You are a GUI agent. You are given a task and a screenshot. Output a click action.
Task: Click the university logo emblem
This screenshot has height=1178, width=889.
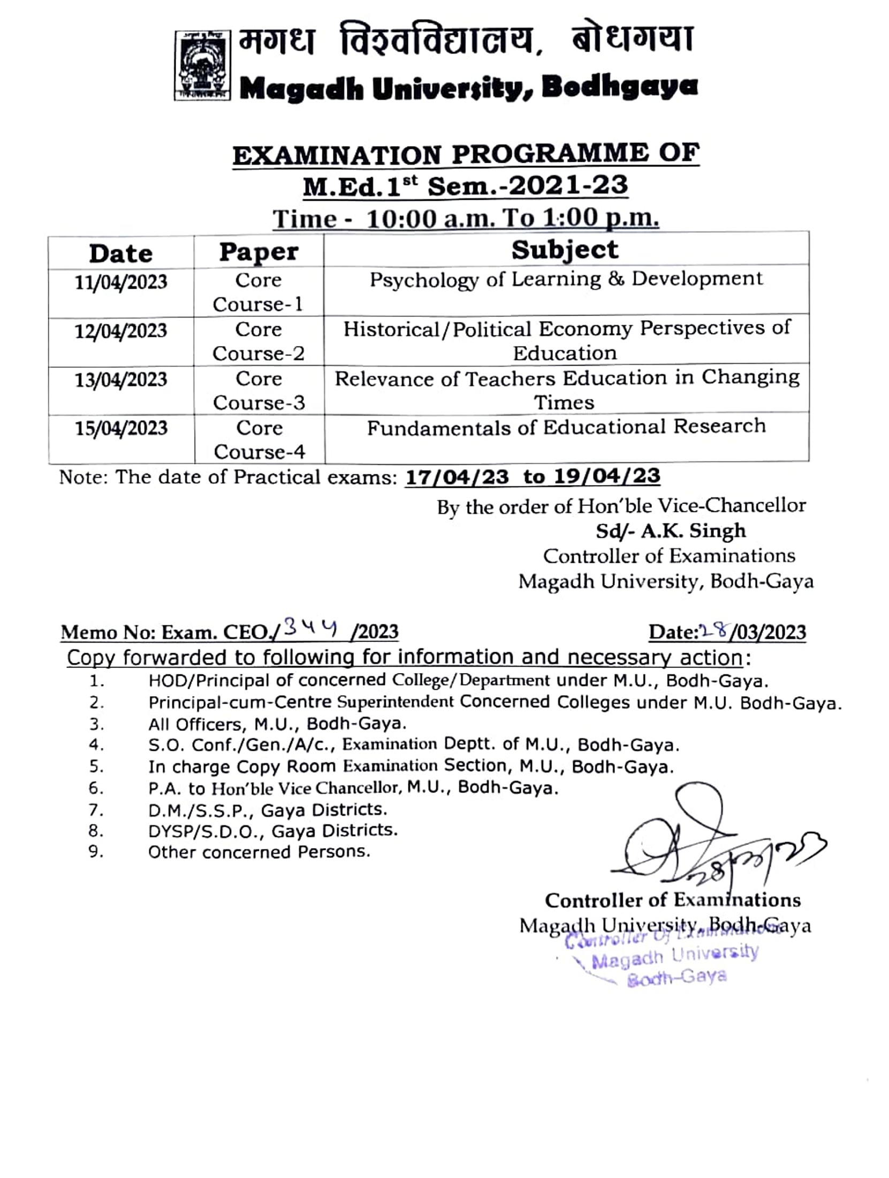pyautogui.click(x=202, y=65)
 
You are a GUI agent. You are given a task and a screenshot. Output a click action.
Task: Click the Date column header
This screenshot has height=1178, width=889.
pyautogui.click(x=121, y=253)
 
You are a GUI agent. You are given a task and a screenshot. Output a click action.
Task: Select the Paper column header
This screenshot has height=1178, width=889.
pyautogui.click(x=259, y=252)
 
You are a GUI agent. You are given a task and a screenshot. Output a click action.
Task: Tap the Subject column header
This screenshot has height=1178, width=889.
pyautogui.click(x=565, y=250)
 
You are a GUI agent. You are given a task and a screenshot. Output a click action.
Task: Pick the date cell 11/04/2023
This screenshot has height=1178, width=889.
pyautogui.click(x=121, y=282)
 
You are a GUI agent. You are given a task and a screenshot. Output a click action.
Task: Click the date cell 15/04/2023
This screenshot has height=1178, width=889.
pyautogui.click(x=121, y=428)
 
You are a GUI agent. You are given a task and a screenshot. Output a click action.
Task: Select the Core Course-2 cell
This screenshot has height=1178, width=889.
pyautogui.click(x=259, y=341)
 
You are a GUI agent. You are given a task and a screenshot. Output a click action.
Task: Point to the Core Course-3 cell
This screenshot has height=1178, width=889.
pyautogui.click(x=259, y=390)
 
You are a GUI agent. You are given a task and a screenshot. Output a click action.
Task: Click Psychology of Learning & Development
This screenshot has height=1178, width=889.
pyautogui.click(x=566, y=280)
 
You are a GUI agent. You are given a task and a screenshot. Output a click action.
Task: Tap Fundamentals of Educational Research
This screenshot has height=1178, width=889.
pyautogui.click(x=566, y=427)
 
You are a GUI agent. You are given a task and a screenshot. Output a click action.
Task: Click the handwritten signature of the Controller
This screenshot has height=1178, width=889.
pyautogui.click(x=706, y=846)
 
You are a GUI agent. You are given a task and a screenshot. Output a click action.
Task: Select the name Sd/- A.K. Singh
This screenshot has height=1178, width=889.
pyautogui.click(x=671, y=531)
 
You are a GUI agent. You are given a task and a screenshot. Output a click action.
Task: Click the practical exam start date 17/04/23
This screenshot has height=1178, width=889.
pyautogui.click(x=457, y=477)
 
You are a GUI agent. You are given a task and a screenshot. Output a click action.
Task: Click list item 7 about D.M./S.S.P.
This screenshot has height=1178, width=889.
pyautogui.click(x=267, y=810)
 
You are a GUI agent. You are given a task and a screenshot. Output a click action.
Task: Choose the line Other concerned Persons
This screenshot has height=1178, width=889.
pyautogui.click(x=259, y=852)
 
